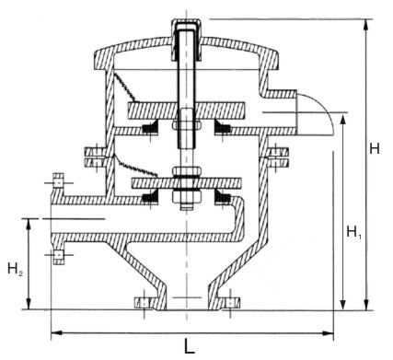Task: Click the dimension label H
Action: point(375,148)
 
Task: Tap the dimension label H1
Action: point(353,231)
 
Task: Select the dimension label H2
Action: point(15,269)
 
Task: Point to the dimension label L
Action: point(190,346)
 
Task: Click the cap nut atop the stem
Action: point(186,25)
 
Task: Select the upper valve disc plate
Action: point(186,110)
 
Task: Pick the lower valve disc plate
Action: point(186,183)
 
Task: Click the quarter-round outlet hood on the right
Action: point(316,114)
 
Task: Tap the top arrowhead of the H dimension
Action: point(365,25)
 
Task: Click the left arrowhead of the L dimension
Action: point(56,332)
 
